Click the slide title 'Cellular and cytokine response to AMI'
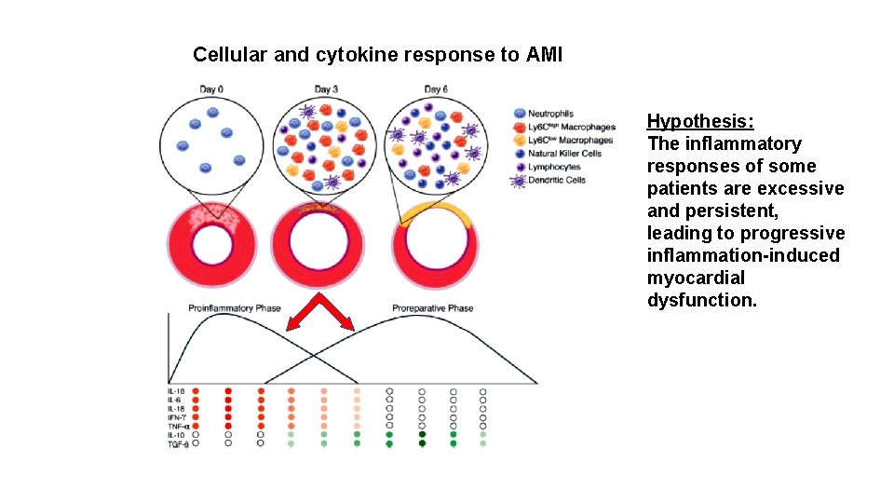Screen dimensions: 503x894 (377, 55)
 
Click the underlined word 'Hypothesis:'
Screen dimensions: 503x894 (700, 121)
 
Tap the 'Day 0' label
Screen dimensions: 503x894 (211, 89)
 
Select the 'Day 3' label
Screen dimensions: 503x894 (326, 89)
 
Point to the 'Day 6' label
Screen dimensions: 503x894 (436, 89)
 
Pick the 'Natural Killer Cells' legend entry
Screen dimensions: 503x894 (564, 154)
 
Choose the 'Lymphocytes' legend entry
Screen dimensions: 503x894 (554, 167)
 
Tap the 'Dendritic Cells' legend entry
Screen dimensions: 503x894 (557, 180)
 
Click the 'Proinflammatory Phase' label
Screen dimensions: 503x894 (235, 308)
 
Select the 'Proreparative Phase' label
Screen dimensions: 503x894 (432, 308)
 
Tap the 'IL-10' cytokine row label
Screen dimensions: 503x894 (176, 434)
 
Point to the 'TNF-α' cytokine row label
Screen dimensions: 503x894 (178, 426)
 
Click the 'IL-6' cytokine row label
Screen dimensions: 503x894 (175, 400)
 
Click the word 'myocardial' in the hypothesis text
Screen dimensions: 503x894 (696, 278)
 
